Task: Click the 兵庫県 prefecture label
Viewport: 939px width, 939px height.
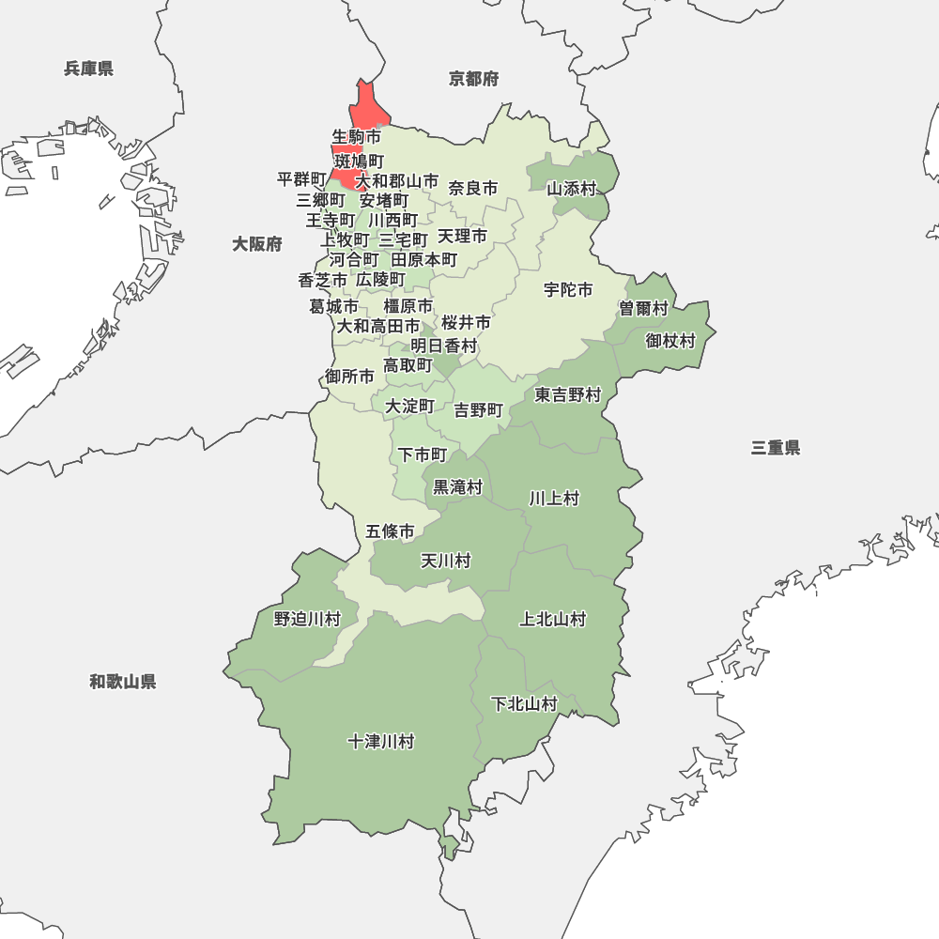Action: pyautogui.click(x=89, y=69)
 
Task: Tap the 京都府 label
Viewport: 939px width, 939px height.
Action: pyautogui.click(x=474, y=79)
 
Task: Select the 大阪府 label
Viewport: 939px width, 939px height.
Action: pyautogui.click(x=257, y=245)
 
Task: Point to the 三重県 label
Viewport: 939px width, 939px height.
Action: pyautogui.click(x=776, y=448)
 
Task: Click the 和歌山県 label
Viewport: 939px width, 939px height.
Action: pyautogui.click(x=123, y=682)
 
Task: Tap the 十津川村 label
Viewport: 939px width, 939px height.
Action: pyautogui.click(x=381, y=742)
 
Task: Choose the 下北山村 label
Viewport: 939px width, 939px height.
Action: pyautogui.click(x=525, y=704)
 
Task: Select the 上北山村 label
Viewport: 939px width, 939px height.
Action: pyautogui.click(x=553, y=620)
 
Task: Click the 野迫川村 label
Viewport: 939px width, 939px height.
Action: pyautogui.click(x=307, y=619)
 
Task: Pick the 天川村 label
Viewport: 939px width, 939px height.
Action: pyautogui.click(x=445, y=562)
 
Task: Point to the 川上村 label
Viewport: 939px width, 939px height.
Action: pyautogui.click(x=554, y=499)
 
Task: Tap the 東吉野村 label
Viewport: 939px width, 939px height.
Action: pyautogui.click(x=568, y=395)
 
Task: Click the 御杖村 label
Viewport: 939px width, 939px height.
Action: pyautogui.click(x=670, y=341)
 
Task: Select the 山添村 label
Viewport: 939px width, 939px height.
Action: pyautogui.click(x=572, y=189)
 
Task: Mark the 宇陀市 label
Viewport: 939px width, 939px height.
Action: pyautogui.click(x=568, y=290)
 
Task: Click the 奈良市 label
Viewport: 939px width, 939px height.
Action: pyautogui.click(x=473, y=189)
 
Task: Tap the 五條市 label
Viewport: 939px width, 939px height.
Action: pyautogui.click(x=391, y=532)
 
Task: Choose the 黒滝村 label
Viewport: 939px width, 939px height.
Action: pyautogui.click(x=457, y=487)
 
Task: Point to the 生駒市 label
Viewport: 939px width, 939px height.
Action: pyautogui.click(x=357, y=137)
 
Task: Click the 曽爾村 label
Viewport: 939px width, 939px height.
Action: pyautogui.click(x=643, y=309)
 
